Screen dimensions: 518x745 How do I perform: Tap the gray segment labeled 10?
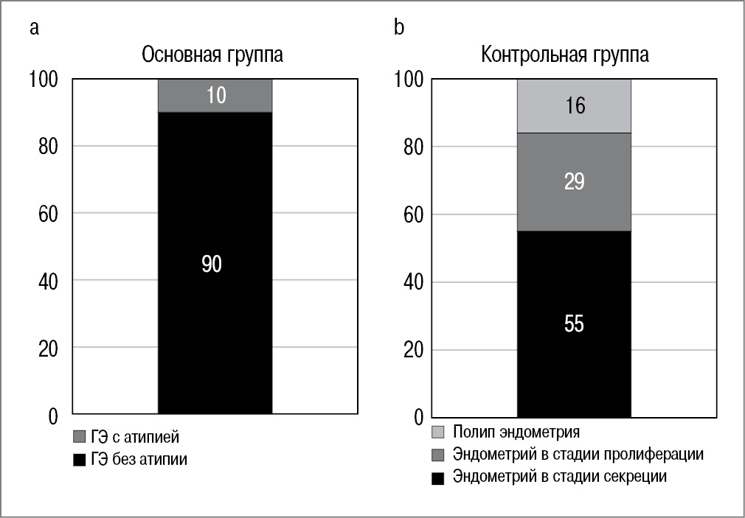[x=215, y=95]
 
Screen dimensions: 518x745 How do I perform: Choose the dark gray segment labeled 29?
[x=574, y=182]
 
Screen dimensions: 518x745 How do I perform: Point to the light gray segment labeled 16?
[x=574, y=106]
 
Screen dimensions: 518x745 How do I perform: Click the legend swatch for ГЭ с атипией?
[x=79, y=438]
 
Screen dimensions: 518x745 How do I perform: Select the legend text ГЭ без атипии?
[x=139, y=460]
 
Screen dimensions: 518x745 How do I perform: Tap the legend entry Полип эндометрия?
[x=516, y=432]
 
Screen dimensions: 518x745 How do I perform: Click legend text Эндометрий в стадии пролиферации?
[x=578, y=454]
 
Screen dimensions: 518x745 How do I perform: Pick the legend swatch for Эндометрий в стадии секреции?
[x=438, y=478]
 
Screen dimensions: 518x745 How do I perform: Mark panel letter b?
[x=399, y=28]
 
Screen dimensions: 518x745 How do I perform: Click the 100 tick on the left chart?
[x=45, y=79]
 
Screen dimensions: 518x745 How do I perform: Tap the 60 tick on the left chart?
[x=49, y=214]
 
